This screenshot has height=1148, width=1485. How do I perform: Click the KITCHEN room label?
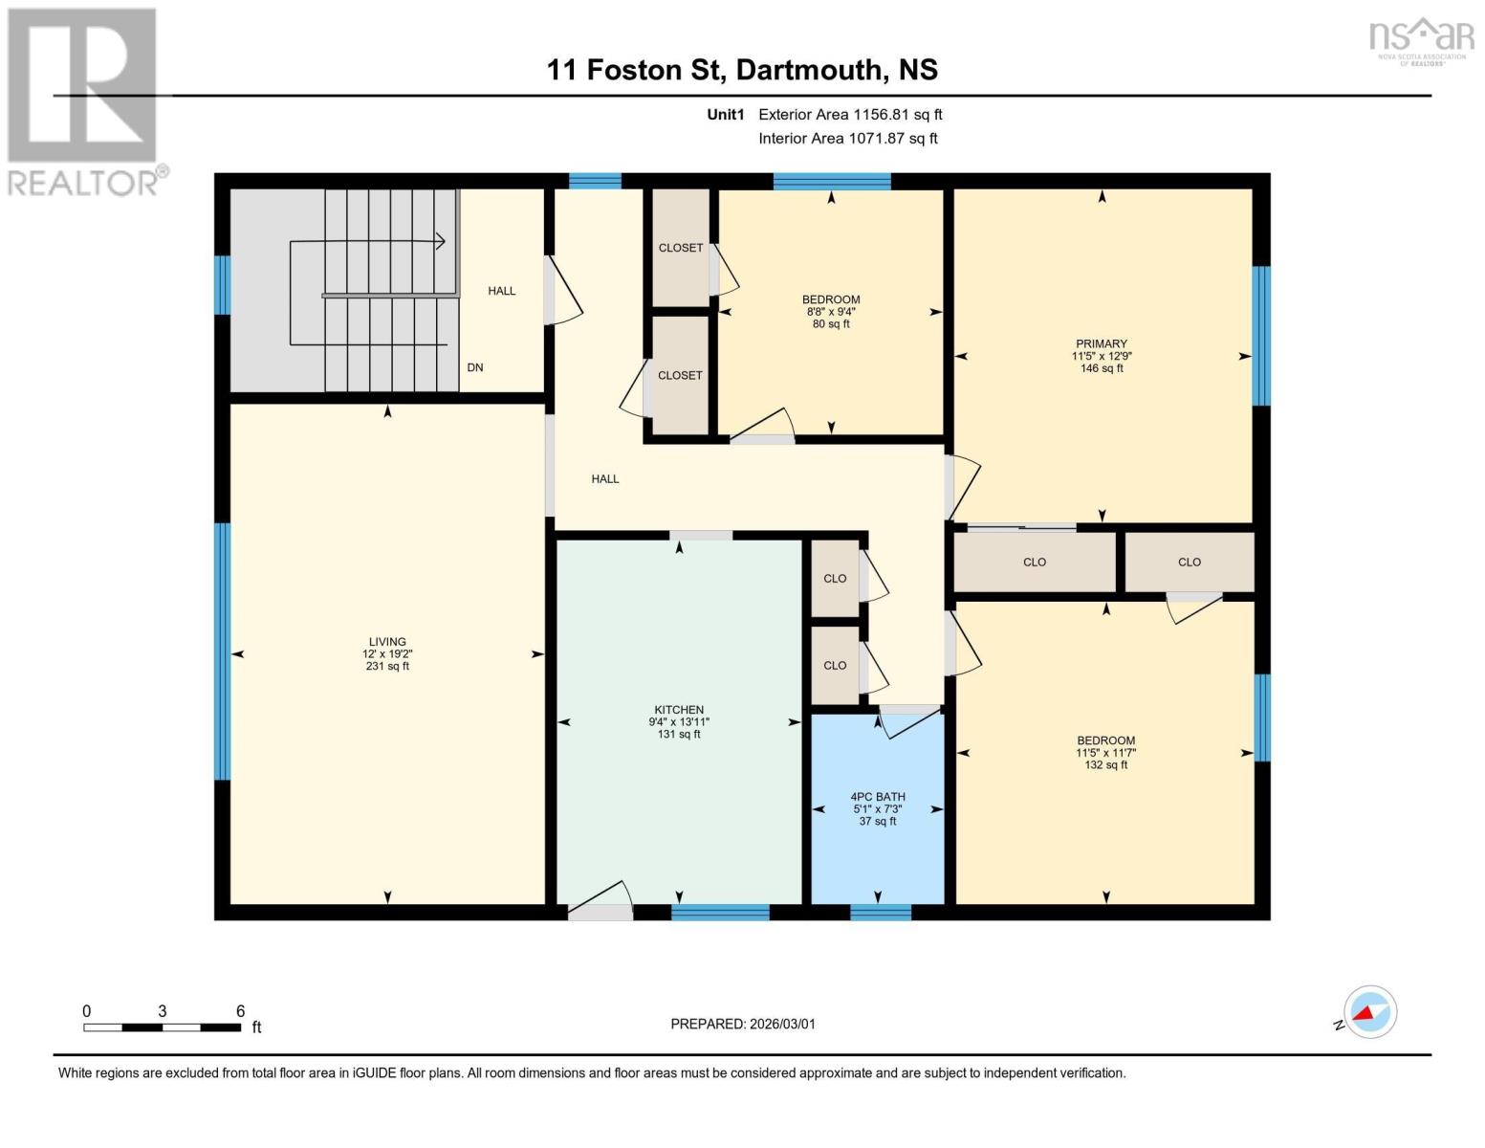click(679, 711)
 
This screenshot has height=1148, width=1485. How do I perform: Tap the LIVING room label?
click(387, 642)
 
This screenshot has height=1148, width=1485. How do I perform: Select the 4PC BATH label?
click(878, 797)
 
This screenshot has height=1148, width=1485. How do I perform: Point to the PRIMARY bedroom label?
click(1102, 343)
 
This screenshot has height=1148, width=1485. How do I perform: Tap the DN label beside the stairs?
click(475, 367)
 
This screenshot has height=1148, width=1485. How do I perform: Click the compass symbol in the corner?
click(1370, 1012)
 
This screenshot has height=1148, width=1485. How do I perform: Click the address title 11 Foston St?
click(742, 70)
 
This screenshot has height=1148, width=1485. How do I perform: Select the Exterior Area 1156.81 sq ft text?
click(850, 115)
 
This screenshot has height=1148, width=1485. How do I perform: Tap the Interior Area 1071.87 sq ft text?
click(847, 139)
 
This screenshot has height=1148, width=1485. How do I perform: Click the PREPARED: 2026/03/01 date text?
click(743, 1024)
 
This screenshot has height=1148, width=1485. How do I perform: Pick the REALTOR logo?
click(84, 100)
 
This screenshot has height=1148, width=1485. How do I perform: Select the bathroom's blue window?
click(881, 912)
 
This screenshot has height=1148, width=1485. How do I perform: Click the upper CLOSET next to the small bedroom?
click(681, 248)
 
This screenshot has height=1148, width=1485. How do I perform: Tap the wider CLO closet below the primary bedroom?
click(1035, 563)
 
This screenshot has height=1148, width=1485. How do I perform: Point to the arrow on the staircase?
click(439, 242)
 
